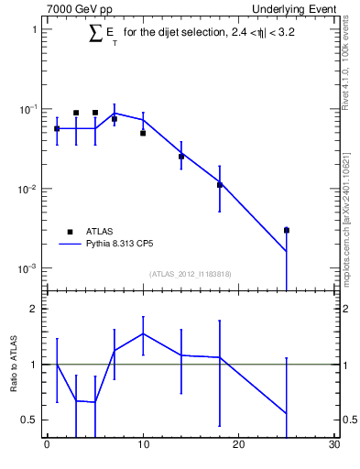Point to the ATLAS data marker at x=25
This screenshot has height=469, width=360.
(287, 230)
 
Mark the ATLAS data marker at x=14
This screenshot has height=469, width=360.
(181, 157)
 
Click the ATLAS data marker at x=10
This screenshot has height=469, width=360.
(143, 133)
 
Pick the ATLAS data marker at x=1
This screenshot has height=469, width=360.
(57, 129)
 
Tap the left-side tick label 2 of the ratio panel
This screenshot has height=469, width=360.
(32, 309)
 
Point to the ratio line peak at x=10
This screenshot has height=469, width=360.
(143, 333)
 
